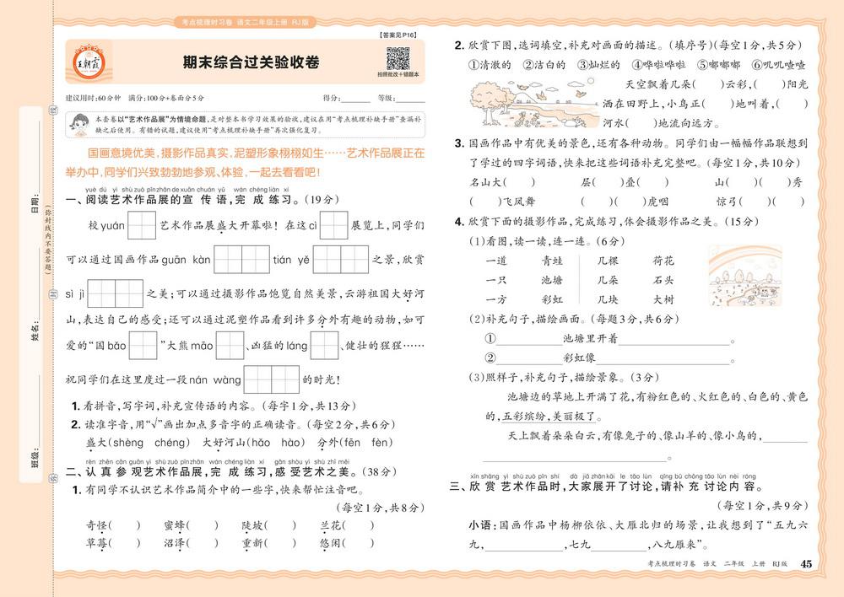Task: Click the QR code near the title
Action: click(x=398, y=60)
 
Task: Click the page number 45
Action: click(x=805, y=564)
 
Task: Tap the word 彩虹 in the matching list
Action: click(x=551, y=298)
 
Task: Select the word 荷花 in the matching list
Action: click(x=663, y=261)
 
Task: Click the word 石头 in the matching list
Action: click(x=663, y=280)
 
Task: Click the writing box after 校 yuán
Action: click(x=142, y=226)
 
